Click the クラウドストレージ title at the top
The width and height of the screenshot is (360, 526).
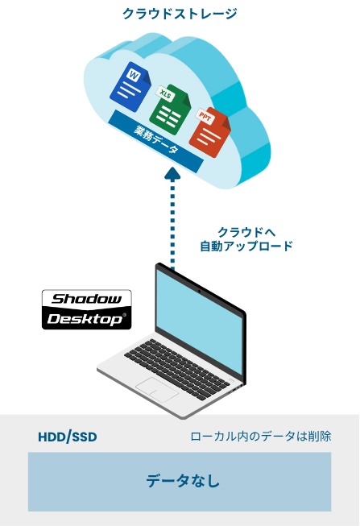(x=180, y=14)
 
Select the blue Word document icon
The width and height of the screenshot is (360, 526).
(x=130, y=87)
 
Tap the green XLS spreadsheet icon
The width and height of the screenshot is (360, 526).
(x=170, y=110)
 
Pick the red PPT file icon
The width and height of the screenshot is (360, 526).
(x=210, y=133)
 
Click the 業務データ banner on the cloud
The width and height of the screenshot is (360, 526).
(x=155, y=142)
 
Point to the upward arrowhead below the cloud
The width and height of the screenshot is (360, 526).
(x=172, y=173)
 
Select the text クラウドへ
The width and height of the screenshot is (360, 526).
(x=246, y=232)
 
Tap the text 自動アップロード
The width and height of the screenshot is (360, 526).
(x=246, y=246)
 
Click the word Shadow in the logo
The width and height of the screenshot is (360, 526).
(x=86, y=299)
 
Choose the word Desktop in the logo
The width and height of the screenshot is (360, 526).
(x=85, y=319)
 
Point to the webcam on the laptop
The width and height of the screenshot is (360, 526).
(x=199, y=291)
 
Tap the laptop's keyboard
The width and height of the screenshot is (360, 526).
(x=177, y=369)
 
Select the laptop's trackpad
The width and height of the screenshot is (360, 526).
(x=157, y=390)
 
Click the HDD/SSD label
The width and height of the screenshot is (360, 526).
(x=68, y=437)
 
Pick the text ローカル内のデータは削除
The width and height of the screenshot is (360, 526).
(x=261, y=436)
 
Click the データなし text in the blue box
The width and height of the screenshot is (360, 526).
(x=183, y=480)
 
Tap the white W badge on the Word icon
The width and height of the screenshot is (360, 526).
(x=134, y=76)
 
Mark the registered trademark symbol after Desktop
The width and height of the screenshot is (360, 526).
(x=125, y=315)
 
